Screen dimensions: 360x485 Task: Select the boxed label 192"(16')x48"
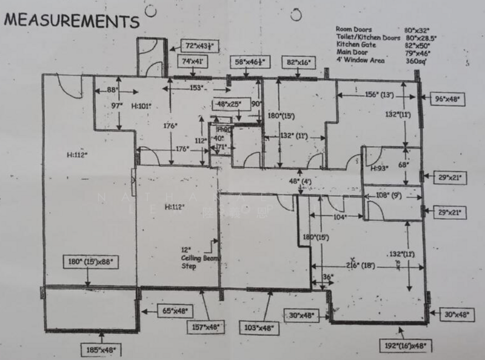click(408, 345)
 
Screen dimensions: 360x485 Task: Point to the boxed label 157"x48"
click(206, 325)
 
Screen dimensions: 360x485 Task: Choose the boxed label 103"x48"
click(259, 328)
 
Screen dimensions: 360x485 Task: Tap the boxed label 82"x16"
click(299, 62)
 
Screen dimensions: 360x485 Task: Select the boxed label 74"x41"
click(193, 61)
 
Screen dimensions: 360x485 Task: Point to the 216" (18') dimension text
click(361, 265)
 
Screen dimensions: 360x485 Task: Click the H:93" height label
click(380, 168)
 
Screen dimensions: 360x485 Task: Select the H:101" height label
click(141, 105)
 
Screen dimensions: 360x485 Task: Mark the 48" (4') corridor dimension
click(299, 181)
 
